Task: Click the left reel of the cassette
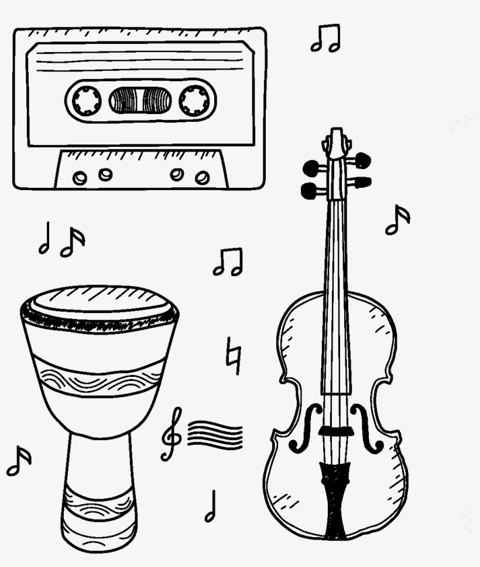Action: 87,100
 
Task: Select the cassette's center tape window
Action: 140,100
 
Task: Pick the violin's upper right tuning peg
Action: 362,160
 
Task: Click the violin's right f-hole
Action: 366,427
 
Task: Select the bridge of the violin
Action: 335,431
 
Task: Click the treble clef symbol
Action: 172,434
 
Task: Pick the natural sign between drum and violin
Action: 234,355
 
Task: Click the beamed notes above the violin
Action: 325,39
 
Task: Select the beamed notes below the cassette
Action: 227,262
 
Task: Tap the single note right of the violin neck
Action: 397,219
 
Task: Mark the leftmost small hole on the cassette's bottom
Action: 80,177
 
